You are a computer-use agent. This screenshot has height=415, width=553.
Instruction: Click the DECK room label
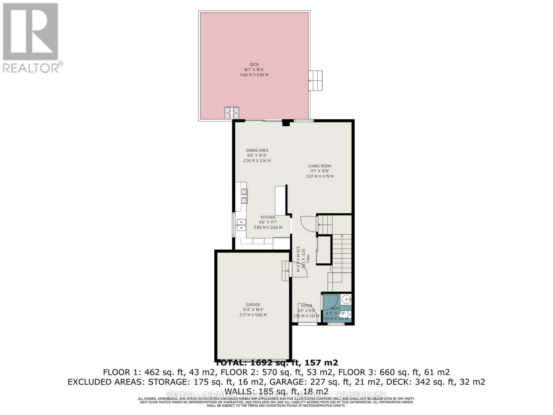coord(254,64)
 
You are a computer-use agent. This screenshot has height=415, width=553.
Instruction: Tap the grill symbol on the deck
coord(232,113)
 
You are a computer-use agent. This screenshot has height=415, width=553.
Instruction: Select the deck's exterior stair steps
coord(315,80)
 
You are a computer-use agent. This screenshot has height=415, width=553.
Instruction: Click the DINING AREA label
coord(257,150)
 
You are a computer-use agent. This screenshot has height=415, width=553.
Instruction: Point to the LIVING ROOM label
coord(320,166)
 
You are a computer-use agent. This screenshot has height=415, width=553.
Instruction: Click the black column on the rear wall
coord(285,122)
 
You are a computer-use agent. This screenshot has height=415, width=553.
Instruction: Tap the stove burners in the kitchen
coord(244,196)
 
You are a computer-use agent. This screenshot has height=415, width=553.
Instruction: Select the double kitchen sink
coord(241,225)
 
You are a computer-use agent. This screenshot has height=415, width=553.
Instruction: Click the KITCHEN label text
coord(268,217)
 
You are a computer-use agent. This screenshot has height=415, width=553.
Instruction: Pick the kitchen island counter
coord(281,201)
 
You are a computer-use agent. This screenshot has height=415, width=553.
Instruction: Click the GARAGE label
coord(253,305)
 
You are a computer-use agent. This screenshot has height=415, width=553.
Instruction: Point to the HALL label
coord(307,259)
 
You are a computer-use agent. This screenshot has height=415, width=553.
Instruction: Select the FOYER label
coord(306,306)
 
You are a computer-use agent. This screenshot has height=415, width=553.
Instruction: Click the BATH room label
coord(335,308)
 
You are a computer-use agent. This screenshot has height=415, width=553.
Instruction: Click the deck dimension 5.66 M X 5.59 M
coord(254,75)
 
